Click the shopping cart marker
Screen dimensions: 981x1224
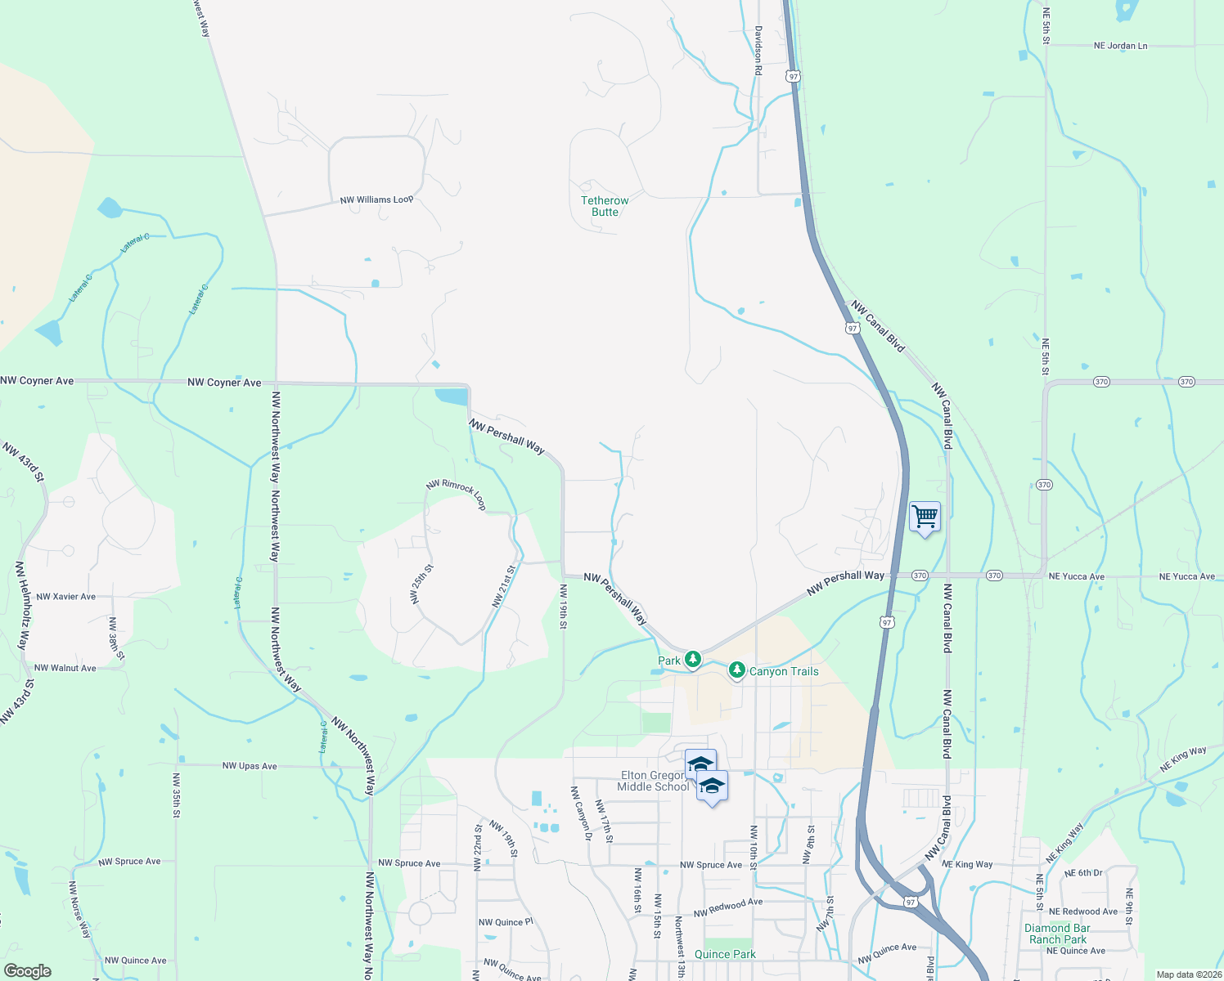pos(925,517)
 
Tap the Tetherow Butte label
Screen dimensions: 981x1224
pos(605,206)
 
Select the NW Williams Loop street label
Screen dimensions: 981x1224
pos(376,199)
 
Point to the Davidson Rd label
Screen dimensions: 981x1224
pos(758,51)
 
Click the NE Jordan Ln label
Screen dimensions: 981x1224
pos(1120,46)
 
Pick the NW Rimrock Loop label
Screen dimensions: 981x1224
pos(457,495)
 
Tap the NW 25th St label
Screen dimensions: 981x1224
pos(422,584)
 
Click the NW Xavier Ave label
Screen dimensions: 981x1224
pos(65,597)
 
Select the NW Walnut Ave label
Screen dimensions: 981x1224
pos(65,668)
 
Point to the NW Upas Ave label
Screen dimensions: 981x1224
pos(250,766)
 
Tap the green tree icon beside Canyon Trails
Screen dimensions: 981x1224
pos(736,670)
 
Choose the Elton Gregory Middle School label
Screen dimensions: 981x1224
pos(653,781)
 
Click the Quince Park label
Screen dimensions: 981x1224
pos(725,954)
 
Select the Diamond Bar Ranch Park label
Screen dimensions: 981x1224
pos(1058,934)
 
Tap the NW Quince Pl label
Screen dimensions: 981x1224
pos(506,922)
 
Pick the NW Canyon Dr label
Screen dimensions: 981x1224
pos(581,813)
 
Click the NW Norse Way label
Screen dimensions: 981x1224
pos(80,909)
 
